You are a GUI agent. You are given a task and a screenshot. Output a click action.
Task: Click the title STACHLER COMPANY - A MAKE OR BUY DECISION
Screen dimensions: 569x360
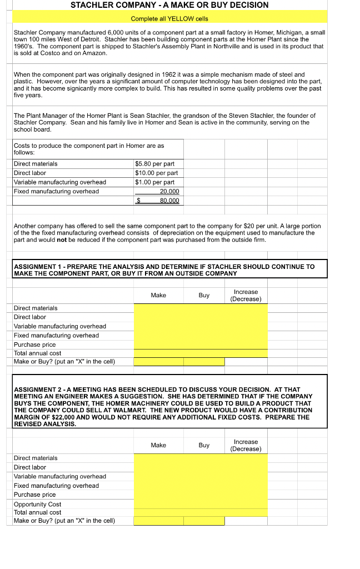[x=169, y=5]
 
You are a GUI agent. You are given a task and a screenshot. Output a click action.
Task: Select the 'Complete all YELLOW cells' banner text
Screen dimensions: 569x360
[x=169, y=19]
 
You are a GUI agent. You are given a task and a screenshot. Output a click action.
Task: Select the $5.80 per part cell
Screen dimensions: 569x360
[x=154, y=164]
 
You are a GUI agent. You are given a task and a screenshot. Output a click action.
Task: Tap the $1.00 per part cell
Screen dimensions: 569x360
[x=154, y=182]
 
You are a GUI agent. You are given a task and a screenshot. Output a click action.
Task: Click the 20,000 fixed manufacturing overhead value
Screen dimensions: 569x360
[x=169, y=191]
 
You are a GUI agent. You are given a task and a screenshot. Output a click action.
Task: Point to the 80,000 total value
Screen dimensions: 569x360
[x=169, y=201]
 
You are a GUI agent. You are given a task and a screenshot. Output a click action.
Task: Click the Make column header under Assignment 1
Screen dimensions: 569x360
[x=158, y=295]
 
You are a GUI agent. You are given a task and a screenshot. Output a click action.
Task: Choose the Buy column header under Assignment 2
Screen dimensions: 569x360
[x=204, y=445]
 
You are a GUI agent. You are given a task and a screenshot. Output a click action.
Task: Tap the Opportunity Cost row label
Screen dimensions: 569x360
[x=37, y=504]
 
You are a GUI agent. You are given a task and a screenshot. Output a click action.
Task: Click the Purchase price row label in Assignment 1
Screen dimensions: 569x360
[x=34, y=345]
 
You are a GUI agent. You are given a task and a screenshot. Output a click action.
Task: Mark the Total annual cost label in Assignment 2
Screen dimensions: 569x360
[x=37, y=512]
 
